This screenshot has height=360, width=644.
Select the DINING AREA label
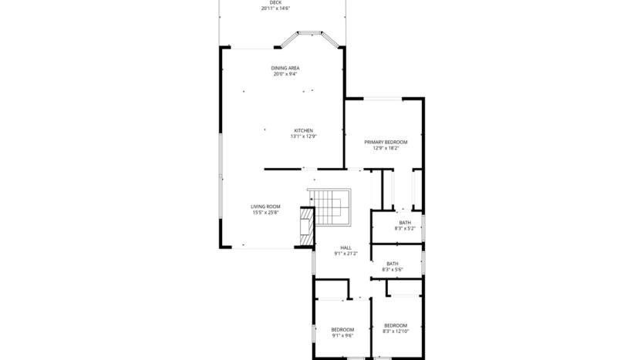[x=285, y=68]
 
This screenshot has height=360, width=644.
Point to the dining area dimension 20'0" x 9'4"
[x=285, y=74]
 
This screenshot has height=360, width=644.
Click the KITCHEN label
[x=303, y=130]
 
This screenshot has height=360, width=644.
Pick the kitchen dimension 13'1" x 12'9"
[x=303, y=136]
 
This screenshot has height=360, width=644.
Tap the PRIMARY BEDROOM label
[x=386, y=142]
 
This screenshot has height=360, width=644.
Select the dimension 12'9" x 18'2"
[x=386, y=148]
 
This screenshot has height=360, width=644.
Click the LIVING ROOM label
[x=265, y=207]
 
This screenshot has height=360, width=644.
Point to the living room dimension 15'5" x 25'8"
[x=265, y=213]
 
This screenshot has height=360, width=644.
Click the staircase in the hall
[x=329, y=207]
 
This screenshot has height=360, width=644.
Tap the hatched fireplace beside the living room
[x=305, y=228]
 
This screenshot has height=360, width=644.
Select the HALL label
[x=346, y=247]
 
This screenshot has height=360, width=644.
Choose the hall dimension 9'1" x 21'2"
[x=346, y=254]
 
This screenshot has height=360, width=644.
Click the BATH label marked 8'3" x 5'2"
[x=405, y=222]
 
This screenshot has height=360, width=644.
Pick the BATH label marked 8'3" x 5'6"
[x=393, y=263]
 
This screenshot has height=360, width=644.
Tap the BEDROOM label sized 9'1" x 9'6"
[x=342, y=329]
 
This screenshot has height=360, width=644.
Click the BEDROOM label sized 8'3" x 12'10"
[x=396, y=325]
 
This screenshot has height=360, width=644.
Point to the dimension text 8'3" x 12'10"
[x=396, y=331]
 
